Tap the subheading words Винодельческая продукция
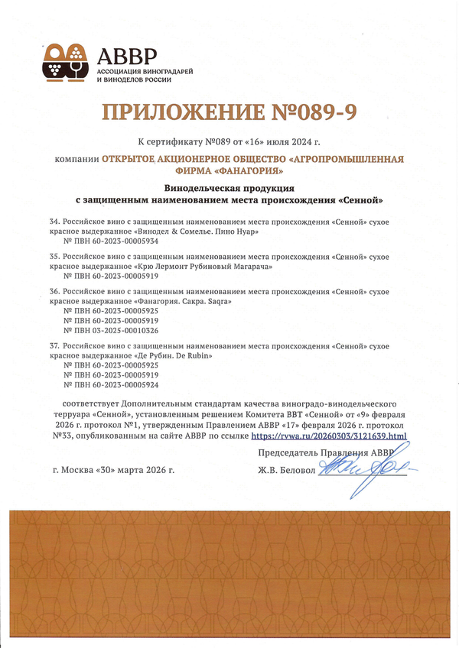[x=230, y=187]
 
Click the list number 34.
[x=54, y=220]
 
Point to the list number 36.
[x=54, y=291]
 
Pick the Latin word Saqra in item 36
[x=218, y=301]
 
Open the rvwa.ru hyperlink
[x=329, y=436]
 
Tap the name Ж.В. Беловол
[x=287, y=470]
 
